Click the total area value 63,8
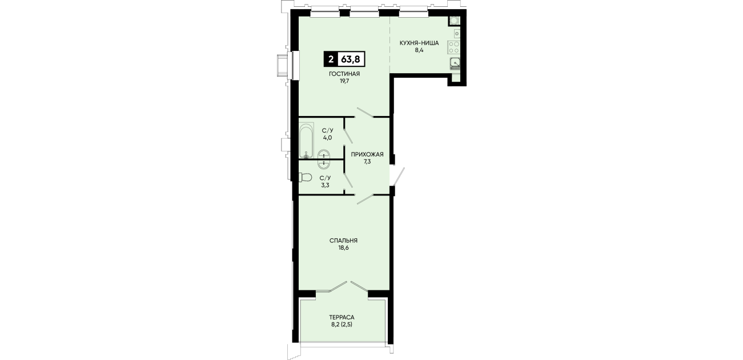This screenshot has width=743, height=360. (x=351, y=60)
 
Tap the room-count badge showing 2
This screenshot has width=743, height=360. (x=331, y=60)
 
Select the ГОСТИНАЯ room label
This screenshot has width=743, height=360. (x=344, y=74)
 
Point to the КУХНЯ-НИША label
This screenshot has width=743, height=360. (x=419, y=43)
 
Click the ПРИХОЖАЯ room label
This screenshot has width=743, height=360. (x=367, y=154)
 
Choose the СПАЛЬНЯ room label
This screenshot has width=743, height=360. (x=343, y=240)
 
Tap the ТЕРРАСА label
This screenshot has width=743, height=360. (x=342, y=318)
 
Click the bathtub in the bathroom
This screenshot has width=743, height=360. (x=306, y=141)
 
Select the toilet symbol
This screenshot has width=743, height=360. (x=305, y=178)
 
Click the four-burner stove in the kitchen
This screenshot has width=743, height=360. (x=453, y=47)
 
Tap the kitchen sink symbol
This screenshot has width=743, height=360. (x=455, y=63)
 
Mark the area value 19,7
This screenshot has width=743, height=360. (x=344, y=81)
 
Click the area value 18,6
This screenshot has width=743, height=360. (x=343, y=247)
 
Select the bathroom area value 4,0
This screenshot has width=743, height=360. (x=327, y=138)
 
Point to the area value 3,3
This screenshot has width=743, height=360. (x=325, y=185)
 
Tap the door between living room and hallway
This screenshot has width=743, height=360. (x=365, y=112)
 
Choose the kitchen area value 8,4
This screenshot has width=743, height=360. (x=419, y=50)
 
